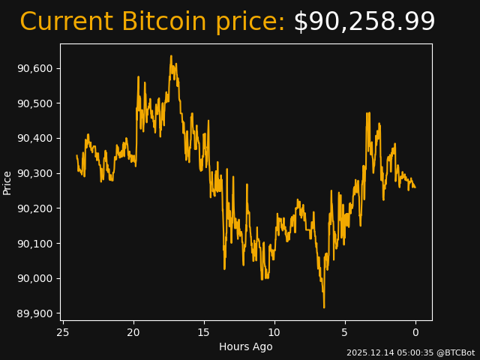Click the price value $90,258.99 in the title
tap(364, 22)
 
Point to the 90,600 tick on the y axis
tap(35, 68)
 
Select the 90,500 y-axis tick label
tap(35, 103)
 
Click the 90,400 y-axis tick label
tap(35, 138)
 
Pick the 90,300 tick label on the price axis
tap(35, 173)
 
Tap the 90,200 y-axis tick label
tap(35, 208)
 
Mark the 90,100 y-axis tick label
tap(35, 243)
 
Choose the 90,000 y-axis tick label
tap(35, 278)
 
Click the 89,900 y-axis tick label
tap(35, 313)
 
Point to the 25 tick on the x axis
tap(63, 332)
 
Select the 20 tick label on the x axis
tap(133, 332)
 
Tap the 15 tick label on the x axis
tap(204, 332)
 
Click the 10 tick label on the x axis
tap(274, 332)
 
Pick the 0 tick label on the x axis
tap(415, 332)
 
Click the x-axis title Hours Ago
tap(245, 346)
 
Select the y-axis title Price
tap(7, 182)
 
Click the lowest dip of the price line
tap(324, 307)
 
